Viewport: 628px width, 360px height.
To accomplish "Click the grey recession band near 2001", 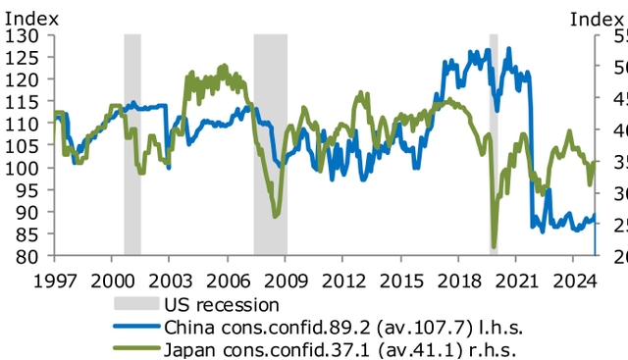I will pyautogui.click(x=132, y=147).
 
